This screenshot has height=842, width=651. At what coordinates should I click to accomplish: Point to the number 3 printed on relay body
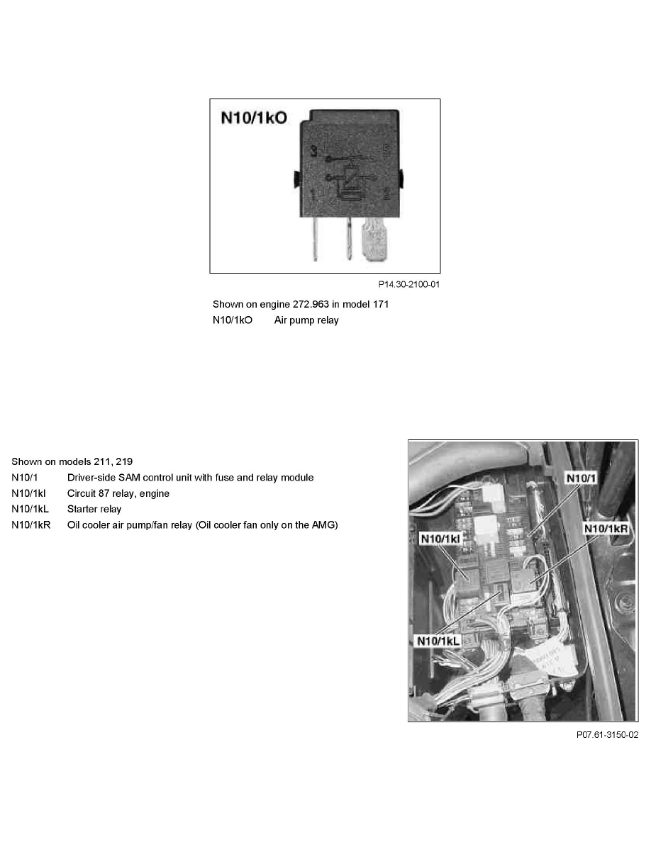tap(313, 150)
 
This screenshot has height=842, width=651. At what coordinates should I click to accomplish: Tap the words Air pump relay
tap(306, 320)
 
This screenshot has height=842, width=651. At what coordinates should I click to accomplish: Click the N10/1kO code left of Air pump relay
tap(233, 320)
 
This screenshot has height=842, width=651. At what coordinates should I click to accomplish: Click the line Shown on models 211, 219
tap(60, 461)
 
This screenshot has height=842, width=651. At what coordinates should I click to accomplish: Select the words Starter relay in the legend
tap(94, 509)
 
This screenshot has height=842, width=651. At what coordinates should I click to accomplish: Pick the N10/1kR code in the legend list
tap(31, 525)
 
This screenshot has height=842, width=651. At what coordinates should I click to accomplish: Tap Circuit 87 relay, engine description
tap(118, 493)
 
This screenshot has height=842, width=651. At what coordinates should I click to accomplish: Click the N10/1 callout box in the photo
tap(579, 478)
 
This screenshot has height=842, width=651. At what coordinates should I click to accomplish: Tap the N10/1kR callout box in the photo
tap(606, 529)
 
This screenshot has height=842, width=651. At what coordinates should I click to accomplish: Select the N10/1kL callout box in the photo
tap(437, 641)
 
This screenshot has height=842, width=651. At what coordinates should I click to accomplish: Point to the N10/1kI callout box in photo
tap(440, 539)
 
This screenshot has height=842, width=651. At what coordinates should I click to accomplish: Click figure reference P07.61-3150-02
tap(607, 735)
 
